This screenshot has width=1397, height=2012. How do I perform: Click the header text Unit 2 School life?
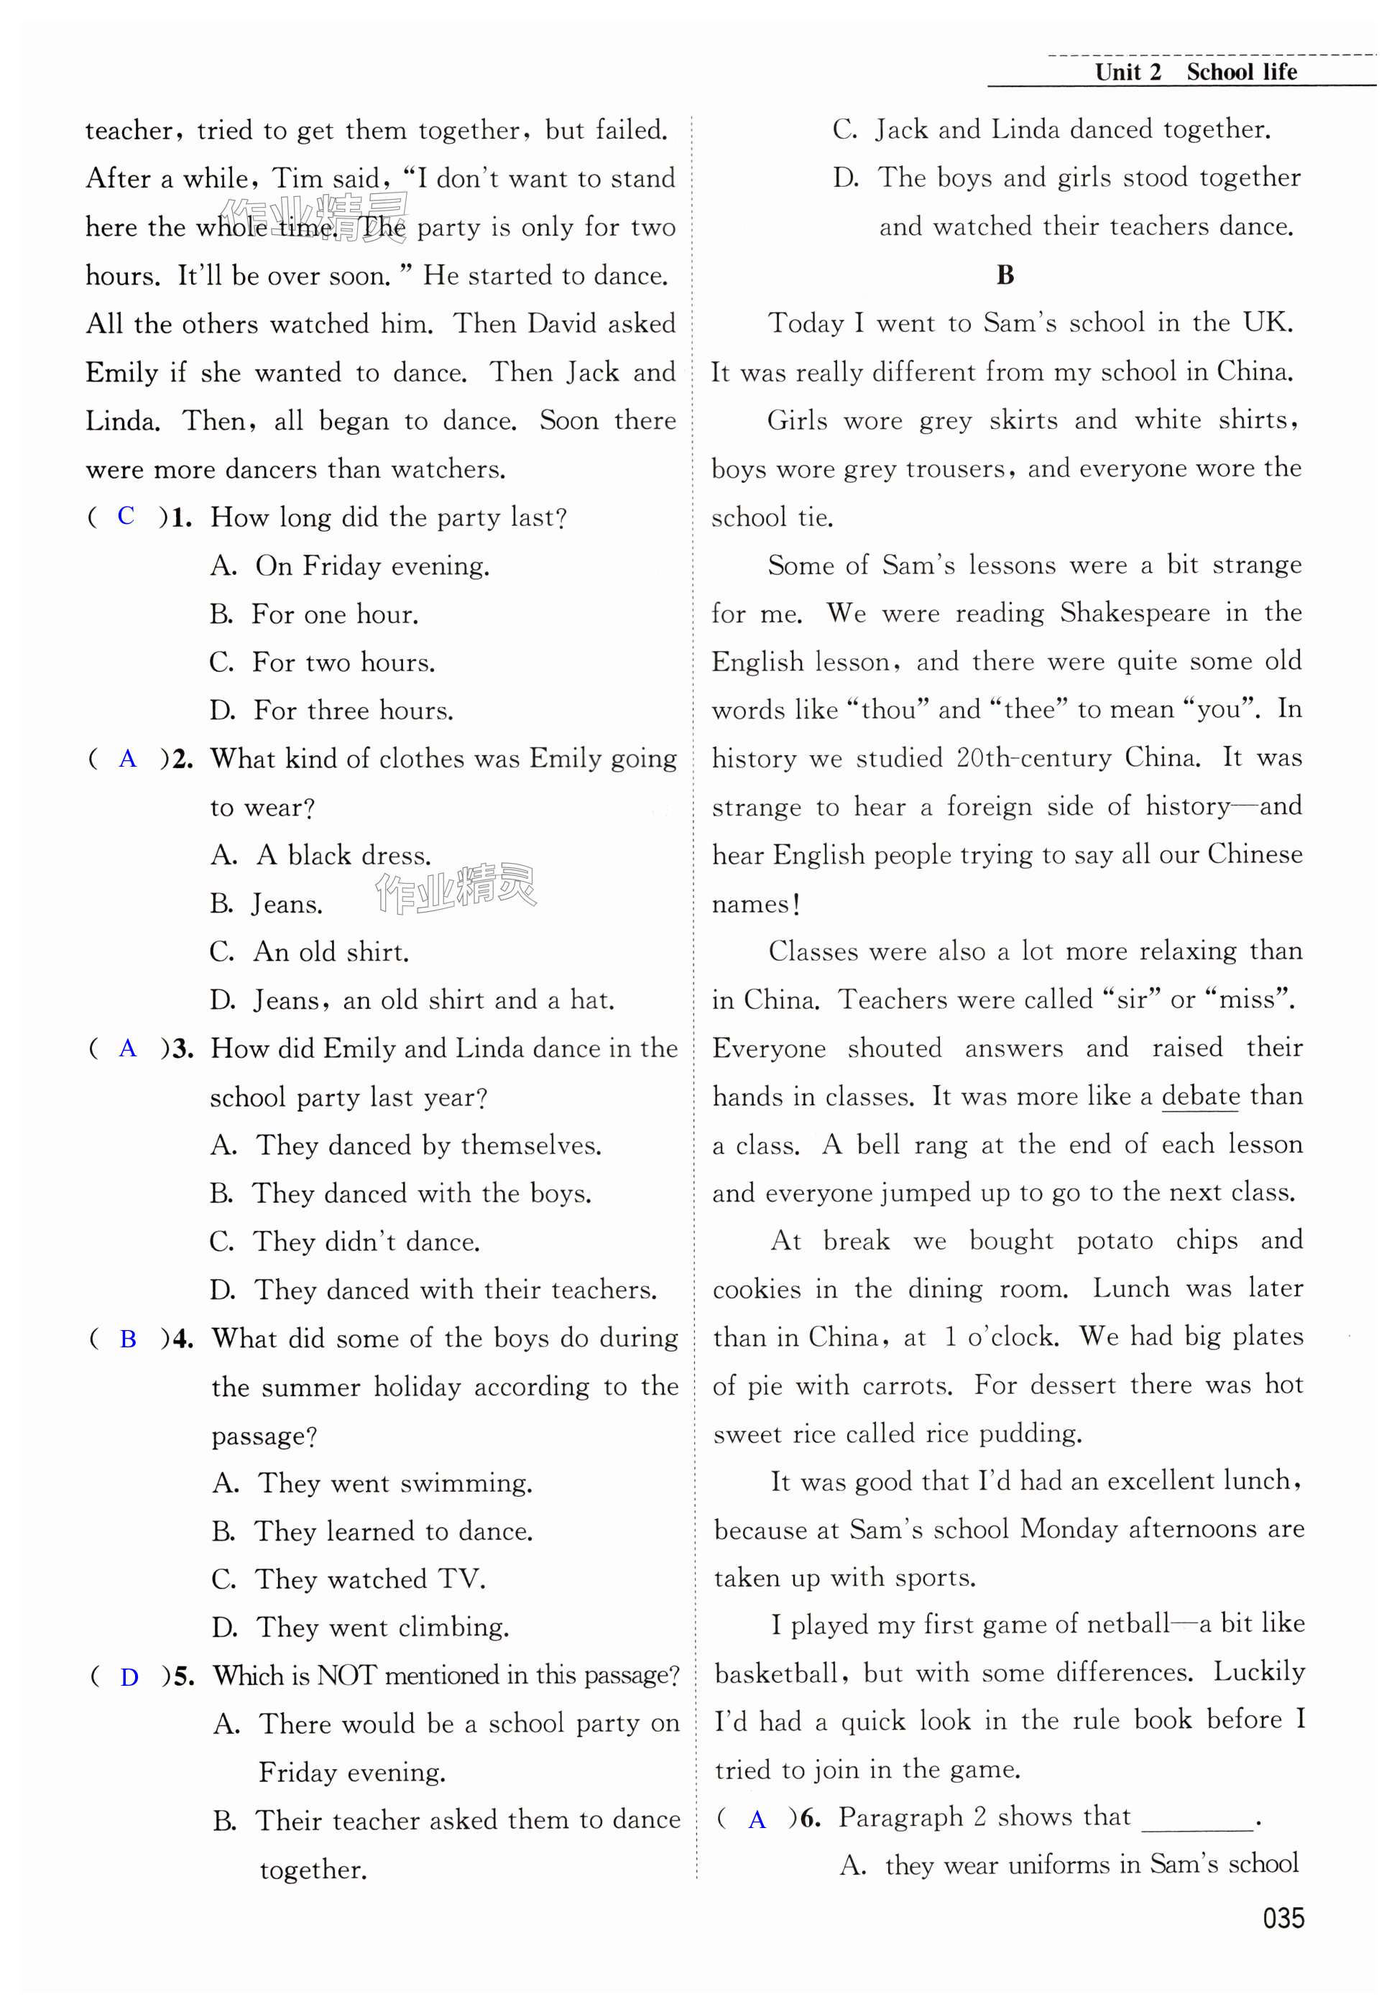1195,72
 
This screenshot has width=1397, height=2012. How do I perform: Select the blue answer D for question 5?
129,1677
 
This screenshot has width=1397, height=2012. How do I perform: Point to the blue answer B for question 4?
128,1339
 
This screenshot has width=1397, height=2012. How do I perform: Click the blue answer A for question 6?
757,1819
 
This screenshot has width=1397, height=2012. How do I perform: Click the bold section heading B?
1005,274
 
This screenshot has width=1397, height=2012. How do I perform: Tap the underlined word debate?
1200,1097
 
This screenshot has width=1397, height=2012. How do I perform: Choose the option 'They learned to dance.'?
393,1531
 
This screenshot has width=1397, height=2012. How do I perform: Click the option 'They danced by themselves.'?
428,1145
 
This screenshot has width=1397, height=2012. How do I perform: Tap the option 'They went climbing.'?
382,1628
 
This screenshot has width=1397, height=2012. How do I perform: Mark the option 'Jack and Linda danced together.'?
1072,129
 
